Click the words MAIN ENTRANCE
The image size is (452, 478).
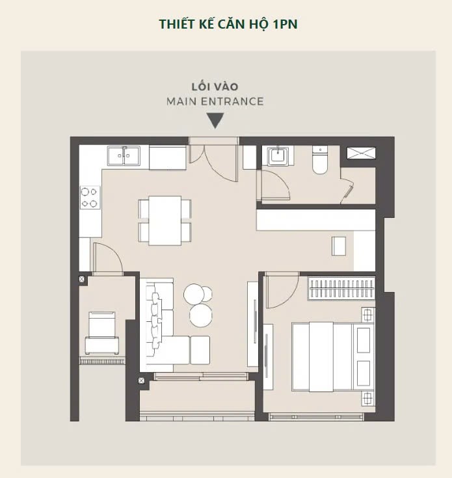coord(215,101)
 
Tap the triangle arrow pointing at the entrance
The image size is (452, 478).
coord(215,120)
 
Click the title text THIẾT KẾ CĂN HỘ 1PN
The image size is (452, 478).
coord(228,25)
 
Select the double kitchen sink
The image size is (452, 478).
coord(124,156)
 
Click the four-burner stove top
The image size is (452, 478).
coord(90,197)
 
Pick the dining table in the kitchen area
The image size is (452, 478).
coord(165,220)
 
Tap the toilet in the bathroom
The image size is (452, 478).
coord(320,160)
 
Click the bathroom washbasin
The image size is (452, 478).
coord(278,156)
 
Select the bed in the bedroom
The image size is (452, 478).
coord(333,356)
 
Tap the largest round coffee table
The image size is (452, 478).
coord(200,315)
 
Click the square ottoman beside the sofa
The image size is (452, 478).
coord(200,350)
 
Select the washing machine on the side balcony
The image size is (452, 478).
coord(102,333)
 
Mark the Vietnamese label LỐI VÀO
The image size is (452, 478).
coord(215,87)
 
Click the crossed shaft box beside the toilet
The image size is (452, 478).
coord(361,153)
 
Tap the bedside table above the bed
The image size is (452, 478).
coord(368,315)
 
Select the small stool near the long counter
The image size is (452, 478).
coord(339,246)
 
